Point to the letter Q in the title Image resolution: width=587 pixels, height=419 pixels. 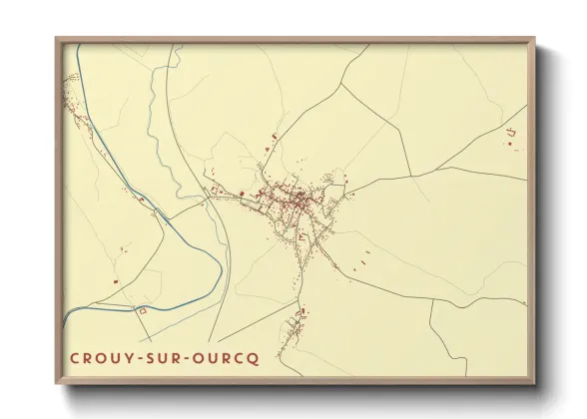pyautogui.click(x=254, y=358)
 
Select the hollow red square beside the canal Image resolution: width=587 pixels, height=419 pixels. pyautogui.click(x=142, y=311)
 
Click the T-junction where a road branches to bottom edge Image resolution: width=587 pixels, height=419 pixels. pyautogui.click(x=431, y=303)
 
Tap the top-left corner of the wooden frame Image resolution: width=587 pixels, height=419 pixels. pyautogui.click(x=57, y=39)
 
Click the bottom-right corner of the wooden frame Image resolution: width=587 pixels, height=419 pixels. pyautogui.click(x=534, y=383)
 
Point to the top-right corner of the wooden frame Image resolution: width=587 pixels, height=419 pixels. pyautogui.click(x=534, y=39)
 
